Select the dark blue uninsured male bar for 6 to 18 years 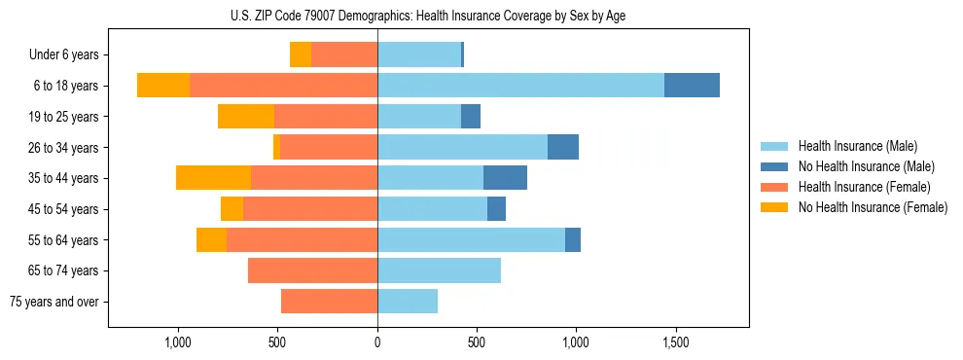pos(692,86)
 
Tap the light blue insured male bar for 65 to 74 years pos(439,270)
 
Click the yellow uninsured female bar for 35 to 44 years pos(213,178)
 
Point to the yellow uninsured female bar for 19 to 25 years pos(246,117)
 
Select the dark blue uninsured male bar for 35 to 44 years pos(505,178)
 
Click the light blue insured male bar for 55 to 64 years pos(471,239)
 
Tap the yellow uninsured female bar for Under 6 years pos(301,54)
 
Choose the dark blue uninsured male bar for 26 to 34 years pos(563,147)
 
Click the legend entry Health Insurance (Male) pos(857,146)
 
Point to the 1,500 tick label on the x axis pos(675,343)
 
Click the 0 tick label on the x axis pos(377,343)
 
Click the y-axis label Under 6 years pos(63,55)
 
